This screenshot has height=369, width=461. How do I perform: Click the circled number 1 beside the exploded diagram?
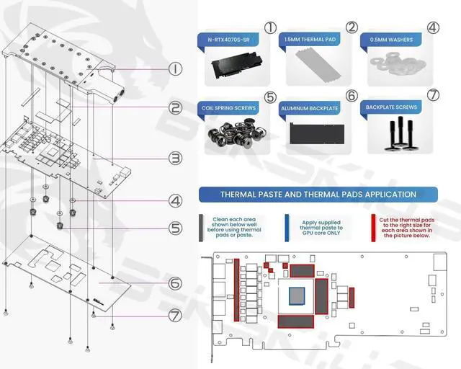[x=174, y=69]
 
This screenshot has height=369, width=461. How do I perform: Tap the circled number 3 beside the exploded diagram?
[x=174, y=157]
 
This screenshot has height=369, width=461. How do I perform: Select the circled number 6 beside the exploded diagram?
[x=175, y=283]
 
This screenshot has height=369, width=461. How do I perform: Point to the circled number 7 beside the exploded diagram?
[x=175, y=315]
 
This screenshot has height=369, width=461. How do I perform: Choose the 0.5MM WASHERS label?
[x=391, y=40]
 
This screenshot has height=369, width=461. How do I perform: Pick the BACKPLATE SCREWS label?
[x=391, y=107]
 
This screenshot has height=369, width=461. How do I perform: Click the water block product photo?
[x=233, y=67]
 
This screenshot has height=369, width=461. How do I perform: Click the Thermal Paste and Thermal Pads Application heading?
[x=318, y=194]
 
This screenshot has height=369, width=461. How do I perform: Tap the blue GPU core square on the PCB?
[x=297, y=295]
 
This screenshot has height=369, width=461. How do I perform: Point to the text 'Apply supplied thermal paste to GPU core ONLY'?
[x=321, y=227]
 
